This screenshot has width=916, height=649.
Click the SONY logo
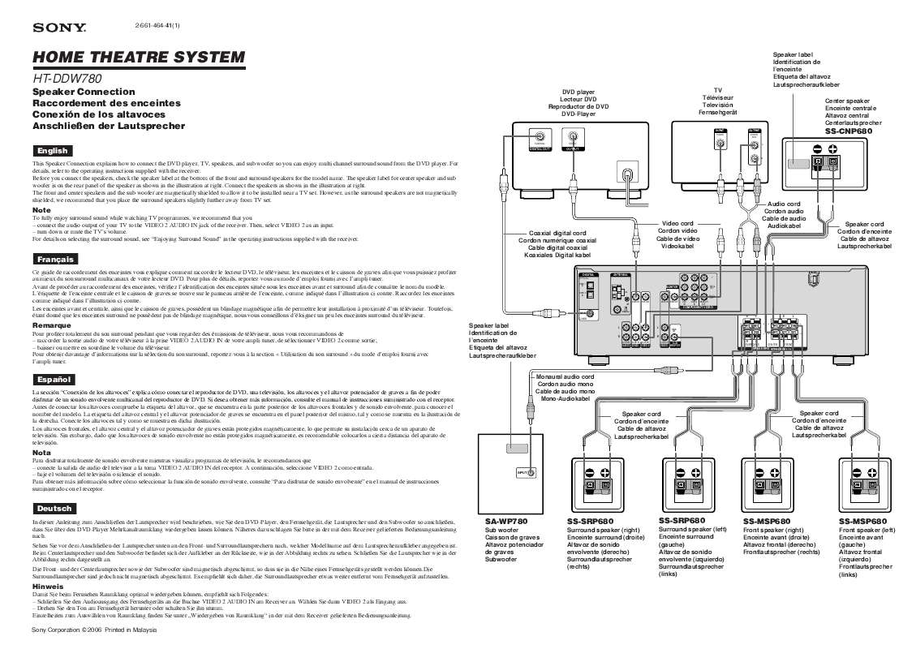pos(59,28)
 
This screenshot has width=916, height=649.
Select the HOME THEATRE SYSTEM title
pos(138,58)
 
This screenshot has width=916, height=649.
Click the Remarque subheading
pos(52,324)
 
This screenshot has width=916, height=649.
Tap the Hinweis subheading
pos(47,585)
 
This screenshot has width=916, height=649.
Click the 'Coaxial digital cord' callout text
pos(557,233)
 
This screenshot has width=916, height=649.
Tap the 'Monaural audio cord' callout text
pos(566,377)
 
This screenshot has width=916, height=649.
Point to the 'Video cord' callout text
pos(677,223)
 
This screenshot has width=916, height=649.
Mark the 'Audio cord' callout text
pos(784,204)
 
